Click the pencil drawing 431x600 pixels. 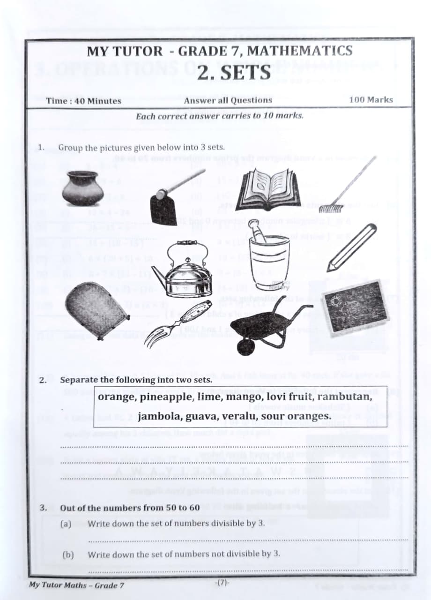(x=351, y=247)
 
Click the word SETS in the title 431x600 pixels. (x=234, y=72)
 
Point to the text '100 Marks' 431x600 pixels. (x=371, y=100)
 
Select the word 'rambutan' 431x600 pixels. (x=345, y=397)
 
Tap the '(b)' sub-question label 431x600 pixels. (x=68, y=554)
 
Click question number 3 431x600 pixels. (x=43, y=508)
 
